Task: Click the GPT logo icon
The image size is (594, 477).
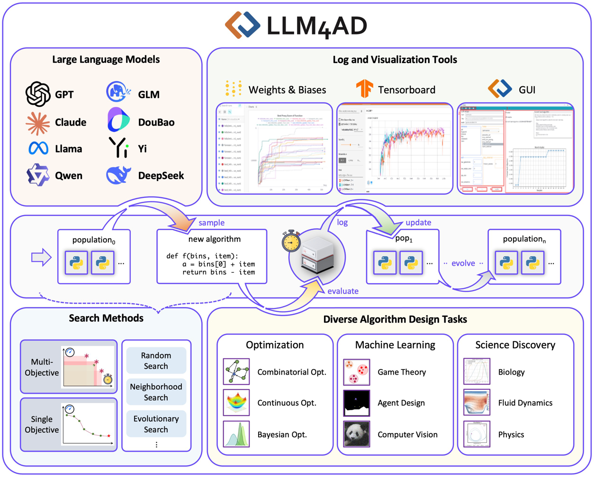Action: tap(38, 94)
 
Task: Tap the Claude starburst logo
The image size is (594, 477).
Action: tap(38, 123)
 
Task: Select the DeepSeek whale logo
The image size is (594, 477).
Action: tap(118, 175)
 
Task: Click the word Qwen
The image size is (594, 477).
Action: tap(69, 176)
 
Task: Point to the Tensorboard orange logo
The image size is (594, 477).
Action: tap(364, 89)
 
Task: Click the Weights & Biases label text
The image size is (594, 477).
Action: tap(287, 90)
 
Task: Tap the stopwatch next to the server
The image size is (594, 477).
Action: tap(291, 241)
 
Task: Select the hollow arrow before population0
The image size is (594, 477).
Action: tap(41, 257)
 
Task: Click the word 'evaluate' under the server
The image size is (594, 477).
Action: tap(343, 291)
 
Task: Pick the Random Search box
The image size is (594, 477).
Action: tap(156, 361)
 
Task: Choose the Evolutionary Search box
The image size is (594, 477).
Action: tap(156, 424)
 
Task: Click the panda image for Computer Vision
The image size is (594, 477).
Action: tap(356, 434)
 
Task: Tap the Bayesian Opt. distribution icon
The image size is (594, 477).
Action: tap(236, 434)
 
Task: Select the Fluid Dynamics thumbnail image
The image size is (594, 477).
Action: tap(477, 403)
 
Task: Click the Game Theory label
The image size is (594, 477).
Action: tap(402, 372)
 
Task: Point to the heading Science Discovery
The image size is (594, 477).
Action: tap(515, 345)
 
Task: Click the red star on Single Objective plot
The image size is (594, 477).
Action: tap(109, 436)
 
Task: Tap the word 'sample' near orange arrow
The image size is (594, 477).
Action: tap(211, 223)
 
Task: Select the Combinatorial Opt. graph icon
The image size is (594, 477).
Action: tap(236, 372)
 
